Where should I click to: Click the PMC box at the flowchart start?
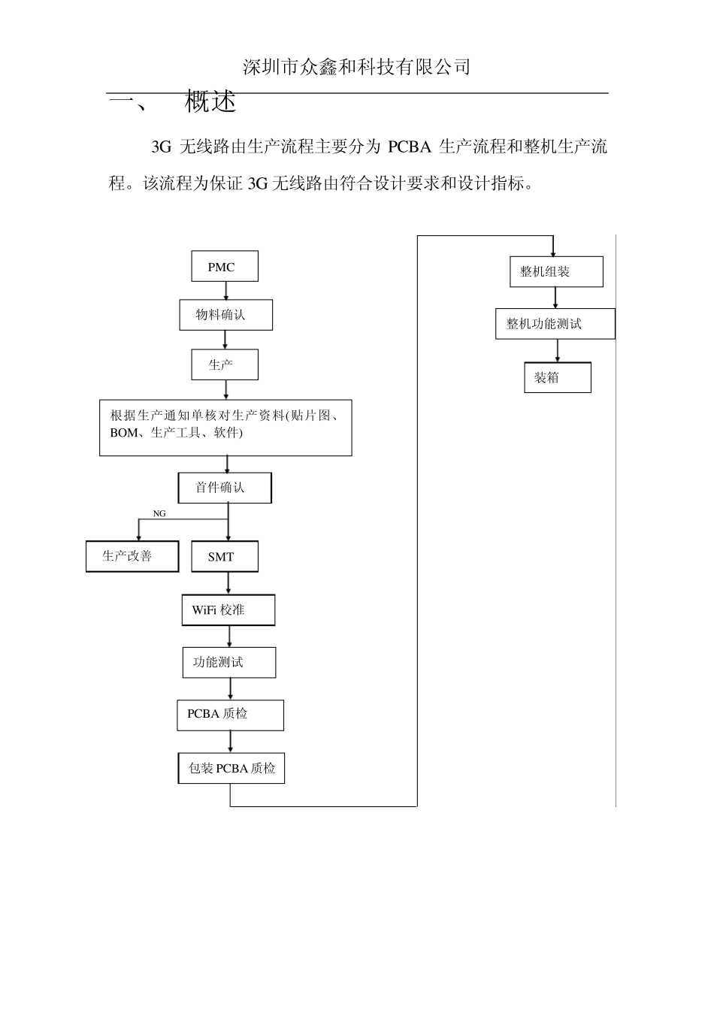[224, 267]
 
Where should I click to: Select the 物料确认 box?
[225, 315]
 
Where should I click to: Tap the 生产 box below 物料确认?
[225, 364]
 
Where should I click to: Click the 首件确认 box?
[224, 488]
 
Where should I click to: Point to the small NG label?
[159, 513]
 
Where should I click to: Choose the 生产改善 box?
[132, 556]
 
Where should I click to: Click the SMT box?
[224, 557]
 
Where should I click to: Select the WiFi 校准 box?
[228, 610]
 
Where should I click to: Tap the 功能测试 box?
[228, 662]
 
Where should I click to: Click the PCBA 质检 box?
[230, 715]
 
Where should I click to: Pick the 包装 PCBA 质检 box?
[231, 768]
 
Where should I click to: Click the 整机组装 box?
[555, 271]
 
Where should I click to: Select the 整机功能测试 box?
[555, 324]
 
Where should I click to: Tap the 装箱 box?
[557, 377]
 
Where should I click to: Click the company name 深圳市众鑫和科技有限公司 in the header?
[357, 67]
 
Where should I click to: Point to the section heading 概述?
[210, 101]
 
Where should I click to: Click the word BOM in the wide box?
[123, 433]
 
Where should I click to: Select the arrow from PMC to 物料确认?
[225, 291]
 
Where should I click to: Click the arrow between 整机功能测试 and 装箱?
[558, 351]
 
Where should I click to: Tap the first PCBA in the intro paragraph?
[409, 147]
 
